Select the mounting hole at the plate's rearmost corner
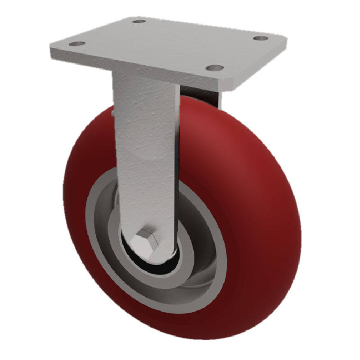[x=140, y=21]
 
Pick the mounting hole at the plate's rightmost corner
[x=260, y=38]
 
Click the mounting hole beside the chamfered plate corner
[x=215, y=68]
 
